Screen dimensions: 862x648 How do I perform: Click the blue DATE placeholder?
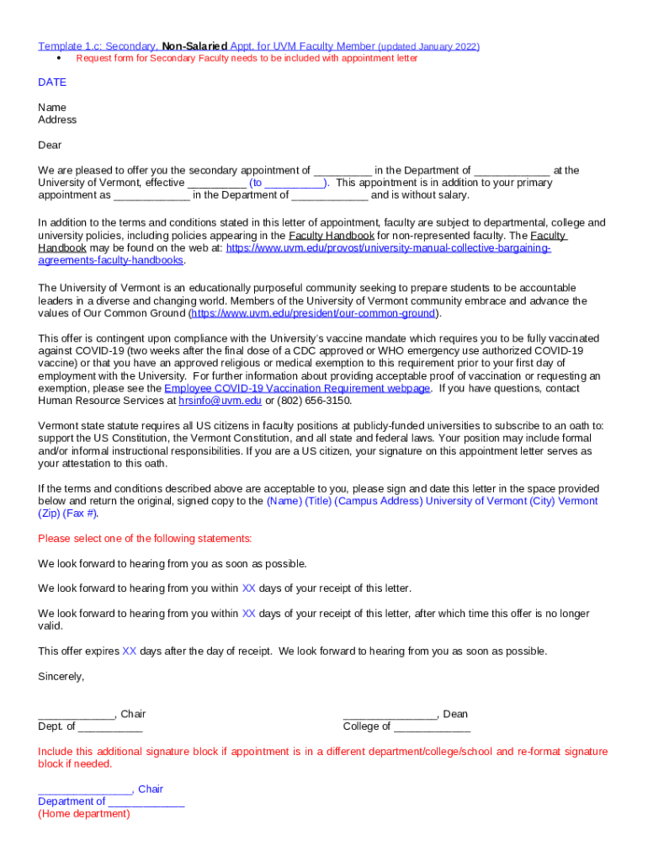click(x=52, y=82)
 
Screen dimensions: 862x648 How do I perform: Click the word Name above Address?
click(x=52, y=108)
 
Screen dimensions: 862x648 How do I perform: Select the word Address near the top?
click(x=57, y=120)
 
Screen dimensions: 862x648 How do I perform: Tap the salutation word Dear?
click(x=50, y=145)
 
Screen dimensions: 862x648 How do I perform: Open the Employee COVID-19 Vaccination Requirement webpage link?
click(x=297, y=388)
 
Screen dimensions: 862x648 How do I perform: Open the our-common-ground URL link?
click(x=313, y=313)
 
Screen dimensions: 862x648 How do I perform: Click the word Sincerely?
click(x=61, y=676)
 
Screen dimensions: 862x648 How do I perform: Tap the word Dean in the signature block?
click(x=455, y=714)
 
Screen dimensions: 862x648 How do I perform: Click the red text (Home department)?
click(x=84, y=814)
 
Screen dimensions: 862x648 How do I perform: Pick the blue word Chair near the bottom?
click(x=151, y=789)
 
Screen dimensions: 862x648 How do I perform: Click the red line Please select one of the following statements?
click(x=145, y=539)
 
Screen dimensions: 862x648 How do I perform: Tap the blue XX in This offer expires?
click(x=129, y=651)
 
